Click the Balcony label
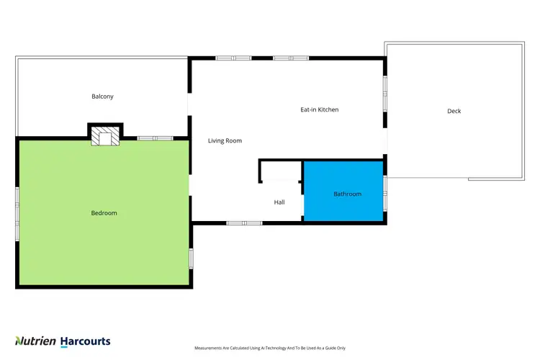pos(102,96)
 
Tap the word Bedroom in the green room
pos(104,213)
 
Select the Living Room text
pos(225,141)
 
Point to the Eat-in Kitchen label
pos(319,110)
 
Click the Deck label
pos(454,111)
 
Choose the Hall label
pos(279,202)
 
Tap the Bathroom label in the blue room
pos(347,194)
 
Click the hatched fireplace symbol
pos(105,138)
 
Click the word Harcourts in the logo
pos(85,341)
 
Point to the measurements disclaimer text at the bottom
pos(270,348)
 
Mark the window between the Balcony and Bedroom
pos(155,138)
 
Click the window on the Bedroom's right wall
pos(191,258)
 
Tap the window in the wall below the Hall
pos(244,222)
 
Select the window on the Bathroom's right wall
pos(385,194)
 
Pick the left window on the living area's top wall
pos(233,58)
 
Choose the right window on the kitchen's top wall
pos(290,58)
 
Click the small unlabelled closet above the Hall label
pos(281,172)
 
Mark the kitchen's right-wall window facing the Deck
pos(385,94)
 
